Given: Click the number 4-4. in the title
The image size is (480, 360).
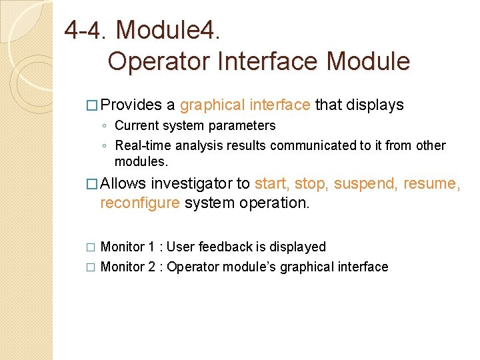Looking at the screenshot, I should [85, 29].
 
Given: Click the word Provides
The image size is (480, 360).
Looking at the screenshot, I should [131, 105].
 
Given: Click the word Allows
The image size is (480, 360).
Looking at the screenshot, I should [124, 183].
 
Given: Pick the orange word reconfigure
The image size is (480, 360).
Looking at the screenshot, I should [140, 203].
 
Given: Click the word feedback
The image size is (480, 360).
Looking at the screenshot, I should [225, 247].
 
